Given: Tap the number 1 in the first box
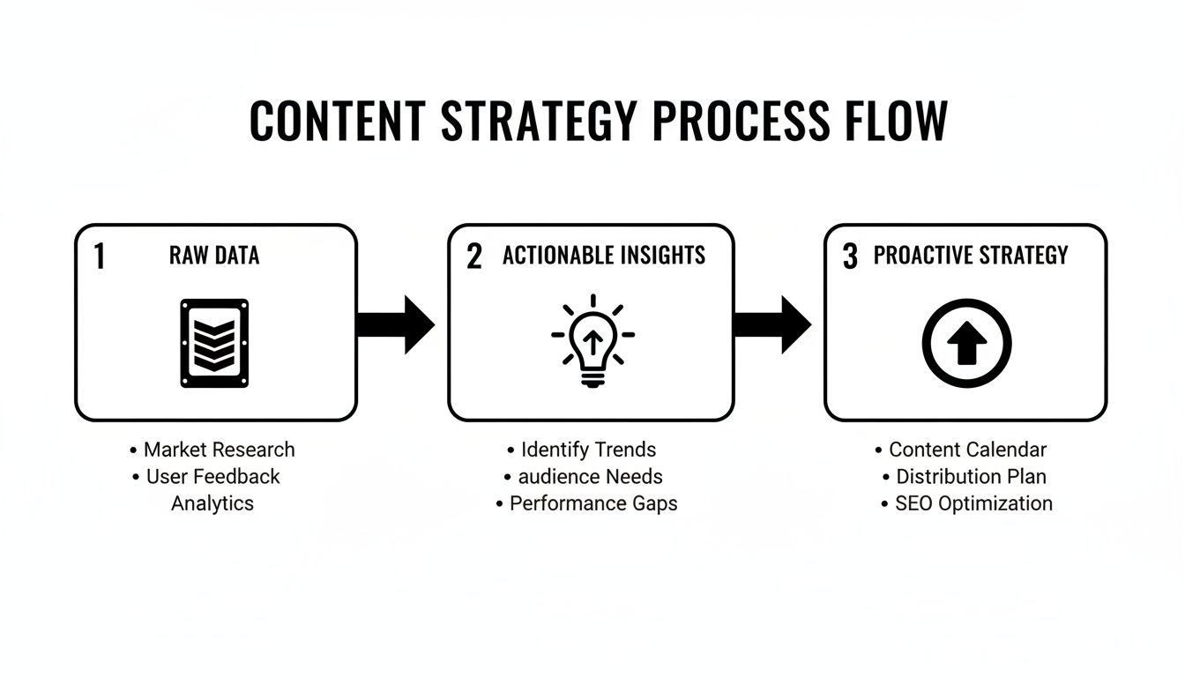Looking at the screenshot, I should tap(100, 257).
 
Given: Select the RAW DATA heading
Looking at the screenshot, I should tap(214, 256).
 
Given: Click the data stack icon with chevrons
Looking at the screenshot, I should tap(214, 343).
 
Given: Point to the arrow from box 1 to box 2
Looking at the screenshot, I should tap(396, 324).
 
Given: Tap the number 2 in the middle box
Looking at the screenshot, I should tap(474, 257).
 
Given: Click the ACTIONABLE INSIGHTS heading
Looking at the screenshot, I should tap(604, 256).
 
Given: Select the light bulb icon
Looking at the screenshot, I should tap(592, 342).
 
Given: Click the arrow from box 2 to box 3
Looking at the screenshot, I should tap(772, 324).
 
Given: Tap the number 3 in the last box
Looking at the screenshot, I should tap(850, 257).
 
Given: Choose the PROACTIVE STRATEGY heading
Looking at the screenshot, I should tap(971, 256).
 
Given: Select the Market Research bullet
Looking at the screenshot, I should tap(219, 450).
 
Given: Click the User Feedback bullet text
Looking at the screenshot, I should tap(212, 477).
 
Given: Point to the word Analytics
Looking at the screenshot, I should tap(212, 503).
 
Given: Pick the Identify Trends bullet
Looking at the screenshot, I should tap(588, 450).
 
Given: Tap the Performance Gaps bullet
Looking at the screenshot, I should tap(592, 503).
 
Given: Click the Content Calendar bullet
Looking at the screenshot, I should tap(967, 450).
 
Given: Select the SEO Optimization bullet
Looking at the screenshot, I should tap(973, 503).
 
